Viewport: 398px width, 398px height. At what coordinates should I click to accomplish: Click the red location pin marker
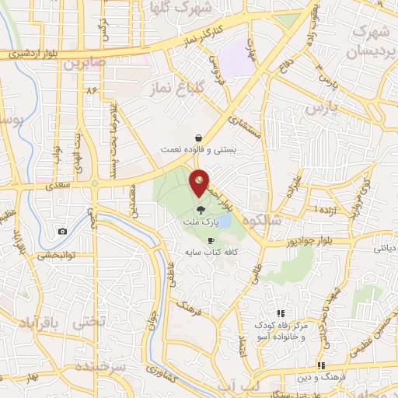(x=200, y=182)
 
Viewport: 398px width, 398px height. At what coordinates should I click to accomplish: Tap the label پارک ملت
(x=197, y=222)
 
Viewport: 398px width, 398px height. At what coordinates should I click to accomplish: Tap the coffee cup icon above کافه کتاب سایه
(x=211, y=240)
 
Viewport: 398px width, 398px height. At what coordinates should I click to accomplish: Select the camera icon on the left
(x=61, y=231)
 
